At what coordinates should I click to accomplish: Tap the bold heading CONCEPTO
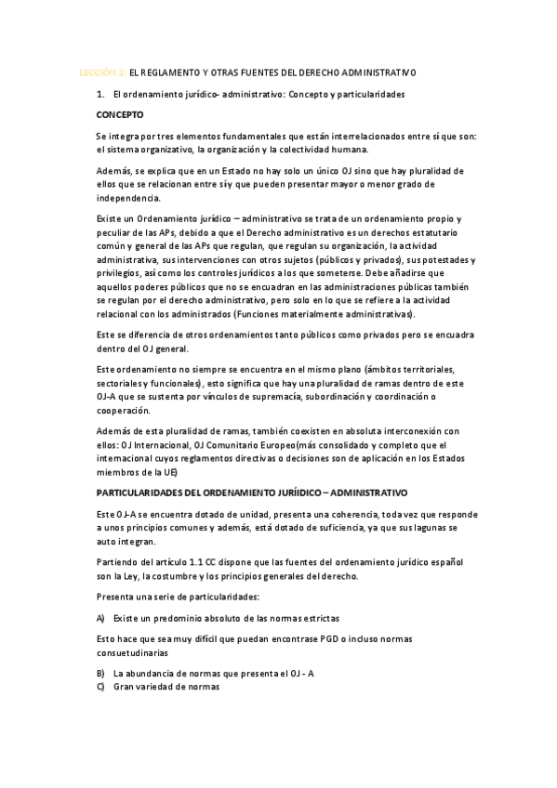click(120, 116)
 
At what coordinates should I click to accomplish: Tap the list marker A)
click(100, 618)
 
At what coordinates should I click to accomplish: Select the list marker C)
click(100, 687)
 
